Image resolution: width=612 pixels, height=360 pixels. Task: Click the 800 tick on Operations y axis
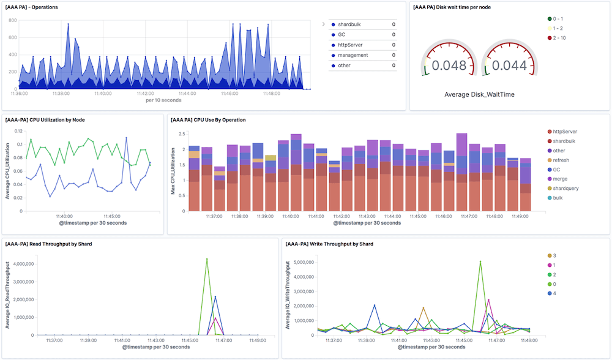tap(13, 20)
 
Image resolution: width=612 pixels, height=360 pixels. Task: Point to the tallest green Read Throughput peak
tap(207, 259)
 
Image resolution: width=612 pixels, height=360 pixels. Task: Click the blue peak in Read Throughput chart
tap(215, 297)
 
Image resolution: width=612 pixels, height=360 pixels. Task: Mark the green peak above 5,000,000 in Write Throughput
tap(480, 261)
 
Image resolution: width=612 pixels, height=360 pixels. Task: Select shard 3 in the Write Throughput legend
tap(554, 255)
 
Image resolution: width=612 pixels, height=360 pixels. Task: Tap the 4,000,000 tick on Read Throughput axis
tap(25, 265)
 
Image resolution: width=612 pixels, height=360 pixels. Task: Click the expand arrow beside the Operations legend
tap(323, 24)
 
